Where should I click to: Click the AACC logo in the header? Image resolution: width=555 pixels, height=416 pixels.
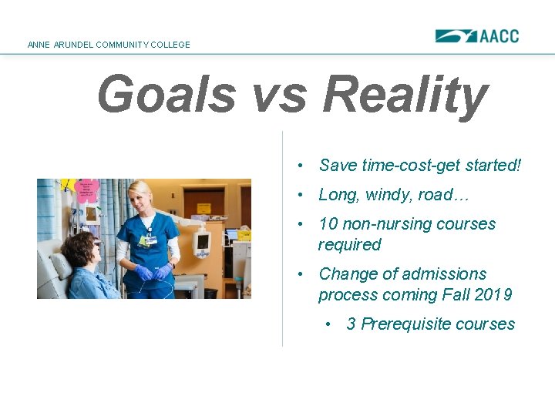pos(476,36)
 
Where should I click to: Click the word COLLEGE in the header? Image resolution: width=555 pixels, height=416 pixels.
pos(170,45)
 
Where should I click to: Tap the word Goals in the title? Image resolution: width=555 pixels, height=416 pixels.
pos(166,95)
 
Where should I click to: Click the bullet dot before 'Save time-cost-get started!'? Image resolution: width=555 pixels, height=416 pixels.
pos(306,166)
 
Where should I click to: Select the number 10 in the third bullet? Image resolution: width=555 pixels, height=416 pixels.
pos(328,224)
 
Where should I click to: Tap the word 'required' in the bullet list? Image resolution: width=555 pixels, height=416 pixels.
pos(349,245)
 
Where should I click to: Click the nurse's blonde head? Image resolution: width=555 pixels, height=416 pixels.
pos(141,193)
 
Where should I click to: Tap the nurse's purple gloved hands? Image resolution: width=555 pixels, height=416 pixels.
pos(152,273)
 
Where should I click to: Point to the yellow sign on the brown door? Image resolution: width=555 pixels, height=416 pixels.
pos(203,208)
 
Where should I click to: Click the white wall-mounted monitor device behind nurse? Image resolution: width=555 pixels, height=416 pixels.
pos(202,241)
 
